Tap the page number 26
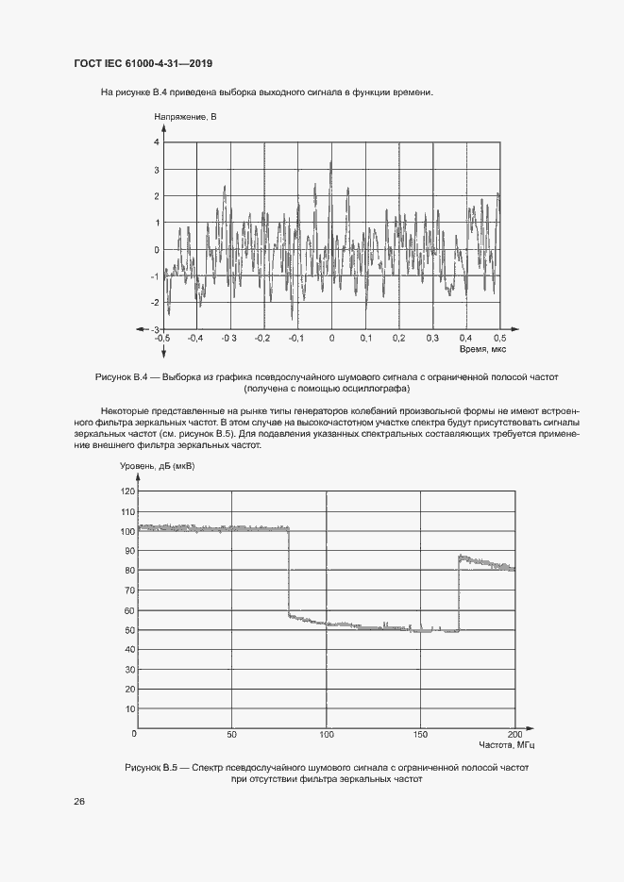pyautogui.click(x=79, y=801)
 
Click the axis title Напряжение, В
pyautogui.click(x=185, y=117)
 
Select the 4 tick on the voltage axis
pyautogui.click(x=157, y=141)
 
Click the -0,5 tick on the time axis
pyautogui.click(x=162, y=338)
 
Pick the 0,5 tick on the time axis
pyautogui.click(x=499, y=338)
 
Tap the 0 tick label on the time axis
pyautogui.click(x=331, y=338)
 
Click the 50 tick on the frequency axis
pyautogui.click(x=231, y=734)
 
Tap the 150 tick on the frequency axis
pyautogui.click(x=421, y=734)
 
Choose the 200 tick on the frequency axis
pyautogui.click(x=514, y=734)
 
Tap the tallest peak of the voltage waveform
pyautogui.click(x=330, y=163)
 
